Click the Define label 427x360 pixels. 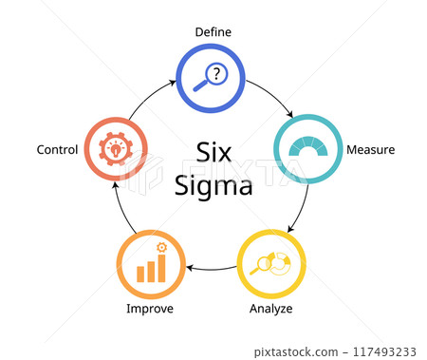point(213,32)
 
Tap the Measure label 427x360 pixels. point(371,150)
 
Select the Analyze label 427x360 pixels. point(270,309)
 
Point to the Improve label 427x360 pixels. point(150,309)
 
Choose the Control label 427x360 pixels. point(57,150)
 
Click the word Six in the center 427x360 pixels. point(213,152)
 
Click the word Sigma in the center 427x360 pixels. point(213,185)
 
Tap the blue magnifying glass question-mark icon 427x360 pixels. point(211,78)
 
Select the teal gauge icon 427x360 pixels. point(307,149)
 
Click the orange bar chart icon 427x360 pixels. point(151,265)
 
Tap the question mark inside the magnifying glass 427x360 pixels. point(216,73)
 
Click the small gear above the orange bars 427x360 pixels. point(161,248)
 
